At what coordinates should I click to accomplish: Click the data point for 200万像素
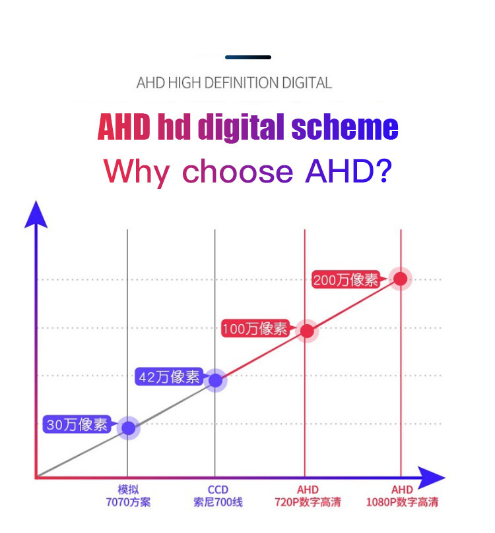pos(401,279)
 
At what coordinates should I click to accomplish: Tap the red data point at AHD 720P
pos(307,331)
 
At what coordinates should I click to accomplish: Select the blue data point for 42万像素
pos(215,380)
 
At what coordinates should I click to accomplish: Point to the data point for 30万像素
pos(128,428)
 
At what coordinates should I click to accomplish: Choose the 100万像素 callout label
pos(255,329)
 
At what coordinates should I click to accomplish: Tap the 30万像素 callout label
pos(77,424)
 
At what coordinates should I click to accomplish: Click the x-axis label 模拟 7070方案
pos(128,496)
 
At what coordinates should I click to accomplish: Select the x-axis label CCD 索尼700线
pos(218,496)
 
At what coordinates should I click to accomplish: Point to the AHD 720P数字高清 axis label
pos(308,496)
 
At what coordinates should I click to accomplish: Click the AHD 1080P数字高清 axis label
pos(402,496)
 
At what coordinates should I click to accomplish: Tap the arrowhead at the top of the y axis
pos(36,214)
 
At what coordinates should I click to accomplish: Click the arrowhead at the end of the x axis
pos(431,478)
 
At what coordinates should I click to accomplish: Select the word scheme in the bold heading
pos(345,126)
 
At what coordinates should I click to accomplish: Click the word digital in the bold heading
pos(241,127)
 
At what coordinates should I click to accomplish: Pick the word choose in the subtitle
pos(238,171)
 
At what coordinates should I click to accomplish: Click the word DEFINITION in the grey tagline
pos(242,83)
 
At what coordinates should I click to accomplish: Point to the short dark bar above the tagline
pos(248,57)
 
